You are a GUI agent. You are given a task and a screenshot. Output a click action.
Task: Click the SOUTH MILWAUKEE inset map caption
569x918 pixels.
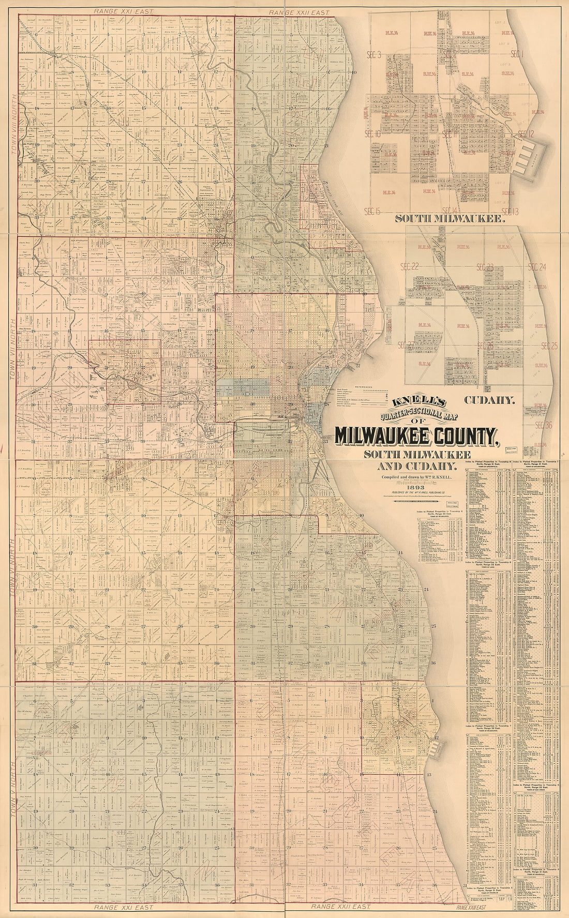click(450, 219)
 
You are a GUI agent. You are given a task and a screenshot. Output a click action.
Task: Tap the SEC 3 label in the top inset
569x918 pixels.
click(373, 54)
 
